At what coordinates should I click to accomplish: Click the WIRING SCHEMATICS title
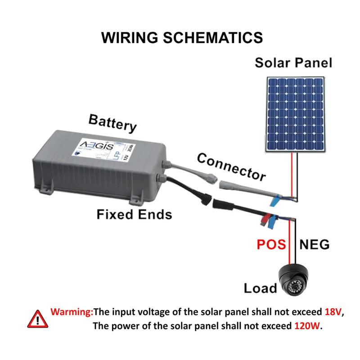point(182,37)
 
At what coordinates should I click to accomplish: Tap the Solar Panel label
point(293,62)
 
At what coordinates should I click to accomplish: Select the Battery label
point(112,122)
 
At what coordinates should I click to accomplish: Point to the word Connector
point(231,166)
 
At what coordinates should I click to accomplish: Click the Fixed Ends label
point(134,215)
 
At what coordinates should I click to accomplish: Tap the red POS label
point(271,245)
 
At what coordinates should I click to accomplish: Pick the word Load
point(260,288)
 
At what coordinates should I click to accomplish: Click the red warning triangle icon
point(37,319)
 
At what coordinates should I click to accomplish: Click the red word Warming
point(72,311)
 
